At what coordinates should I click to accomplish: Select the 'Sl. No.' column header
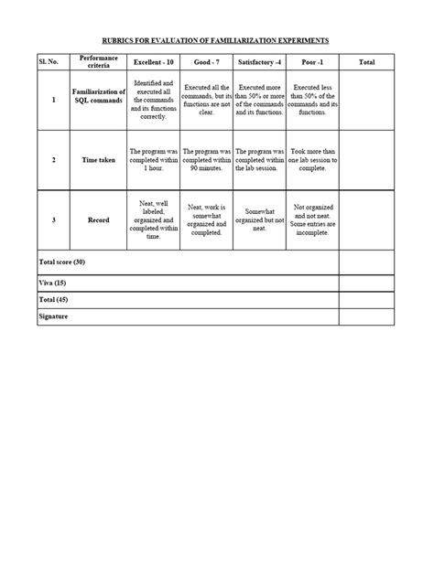click(x=53, y=62)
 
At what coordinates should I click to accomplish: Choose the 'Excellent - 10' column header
click(x=153, y=62)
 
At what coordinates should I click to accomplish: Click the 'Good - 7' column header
click(x=206, y=62)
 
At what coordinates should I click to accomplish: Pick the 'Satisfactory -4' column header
click(x=259, y=62)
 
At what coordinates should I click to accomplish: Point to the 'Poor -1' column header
click(x=312, y=62)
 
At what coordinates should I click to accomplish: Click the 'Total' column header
click(x=366, y=62)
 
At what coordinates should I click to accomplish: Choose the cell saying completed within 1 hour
click(x=153, y=159)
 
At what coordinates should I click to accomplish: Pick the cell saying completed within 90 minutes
click(x=206, y=159)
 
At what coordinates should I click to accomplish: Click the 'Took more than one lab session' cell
click(x=312, y=159)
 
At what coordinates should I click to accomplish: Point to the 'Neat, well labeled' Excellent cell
click(x=153, y=220)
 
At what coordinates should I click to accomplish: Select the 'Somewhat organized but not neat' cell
click(x=259, y=220)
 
